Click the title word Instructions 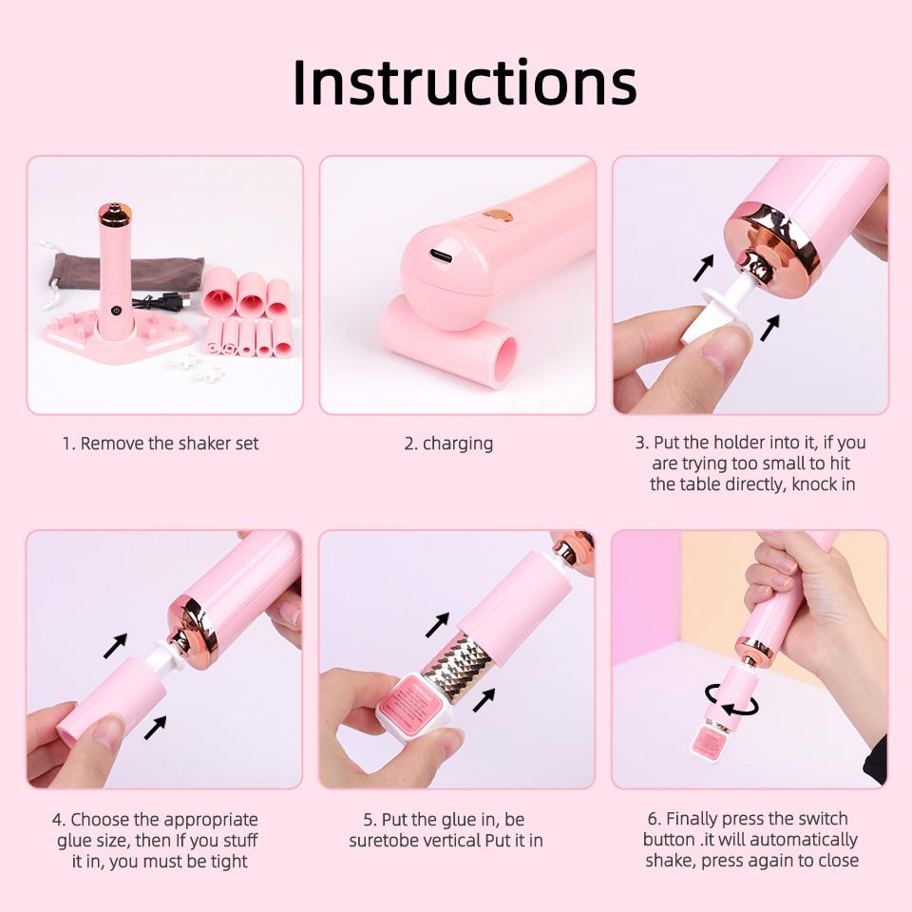point(464,83)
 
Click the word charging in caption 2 point(458,444)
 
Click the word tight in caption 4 point(229,862)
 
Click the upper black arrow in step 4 point(117,647)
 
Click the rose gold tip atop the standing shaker point(115,214)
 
